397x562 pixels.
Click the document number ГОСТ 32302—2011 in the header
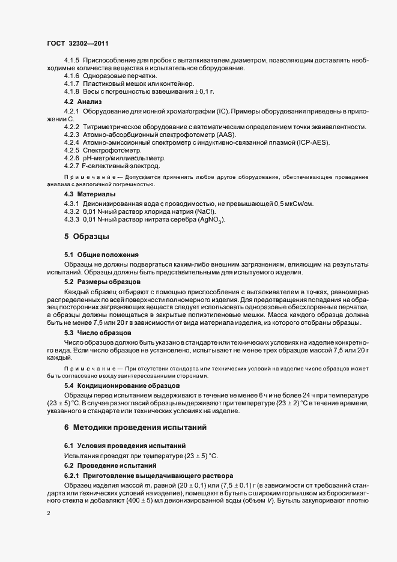[77, 43]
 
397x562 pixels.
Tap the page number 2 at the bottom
[48, 514]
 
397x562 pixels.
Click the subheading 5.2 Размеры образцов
[103, 281]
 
